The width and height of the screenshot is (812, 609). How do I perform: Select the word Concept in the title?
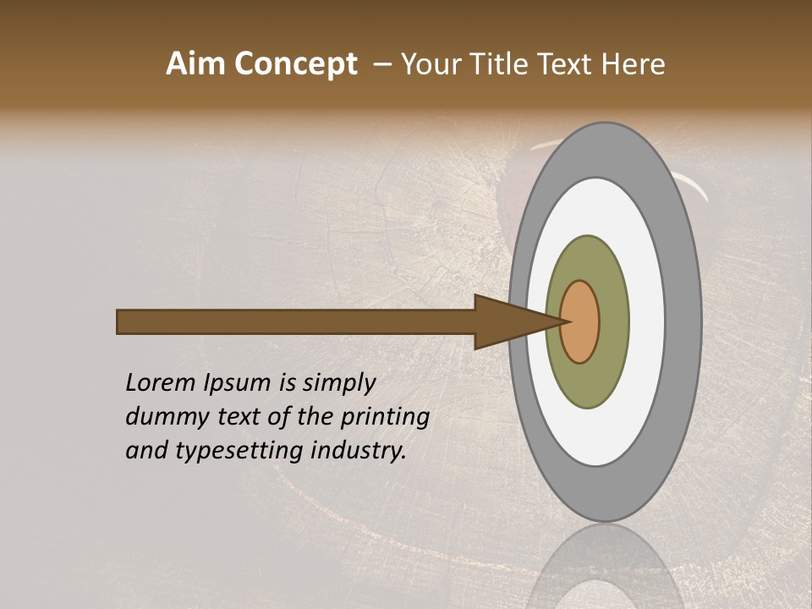tap(296, 63)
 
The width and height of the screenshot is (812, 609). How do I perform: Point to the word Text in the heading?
tap(568, 63)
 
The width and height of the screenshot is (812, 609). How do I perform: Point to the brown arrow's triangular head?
tap(507, 322)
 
